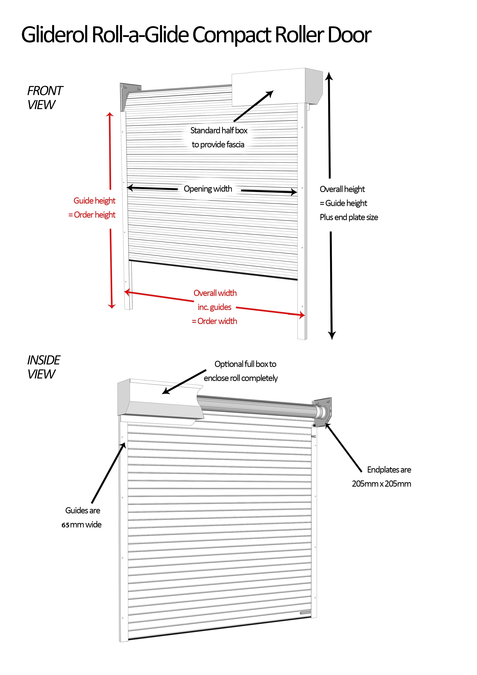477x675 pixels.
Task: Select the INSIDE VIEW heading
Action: click(43, 367)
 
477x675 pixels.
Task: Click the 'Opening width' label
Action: click(208, 189)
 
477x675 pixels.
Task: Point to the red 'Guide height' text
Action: click(94, 201)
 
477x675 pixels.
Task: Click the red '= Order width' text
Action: click(214, 321)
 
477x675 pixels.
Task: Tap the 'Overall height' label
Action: click(342, 189)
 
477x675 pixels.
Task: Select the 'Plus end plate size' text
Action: click(349, 217)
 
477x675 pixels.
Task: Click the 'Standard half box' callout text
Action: click(219, 130)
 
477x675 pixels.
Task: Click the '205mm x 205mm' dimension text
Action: click(381, 484)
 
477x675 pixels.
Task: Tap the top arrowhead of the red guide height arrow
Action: click(110, 115)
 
